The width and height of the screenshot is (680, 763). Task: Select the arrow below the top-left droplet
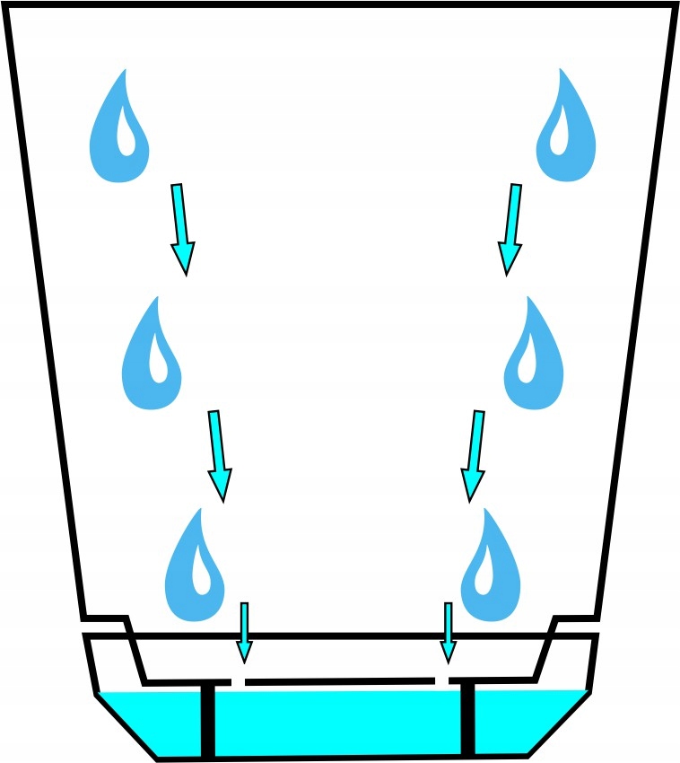(x=181, y=228)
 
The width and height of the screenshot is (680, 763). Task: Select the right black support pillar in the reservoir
(x=467, y=719)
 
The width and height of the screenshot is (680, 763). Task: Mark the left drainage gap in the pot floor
(x=238, y=682)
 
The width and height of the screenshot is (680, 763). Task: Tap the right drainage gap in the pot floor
(x=443, y=680)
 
